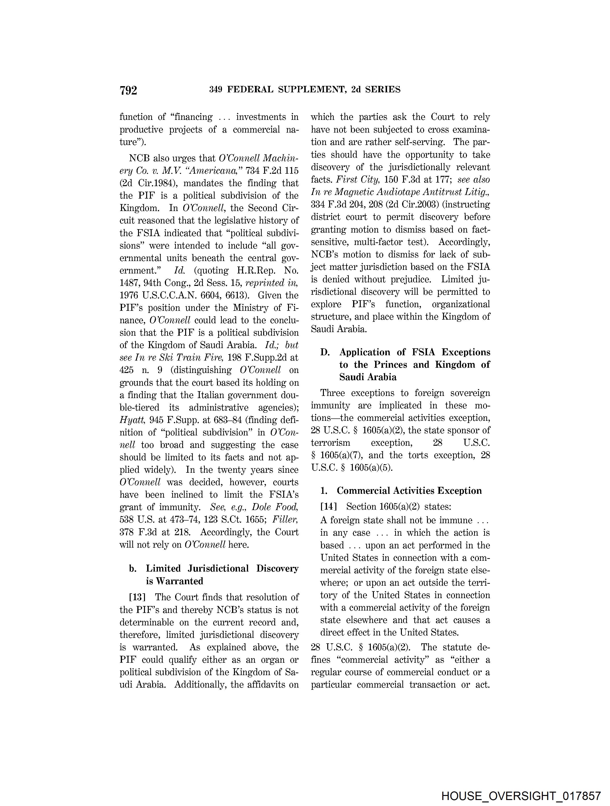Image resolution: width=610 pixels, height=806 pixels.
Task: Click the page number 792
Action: [128, 90]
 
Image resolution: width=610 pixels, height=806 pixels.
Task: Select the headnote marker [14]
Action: [328, 506]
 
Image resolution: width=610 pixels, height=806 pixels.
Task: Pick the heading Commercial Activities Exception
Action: [409, 491]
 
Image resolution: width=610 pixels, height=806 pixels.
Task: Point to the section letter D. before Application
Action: [325, 352]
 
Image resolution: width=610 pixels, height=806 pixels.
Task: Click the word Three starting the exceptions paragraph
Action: [332, 393]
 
